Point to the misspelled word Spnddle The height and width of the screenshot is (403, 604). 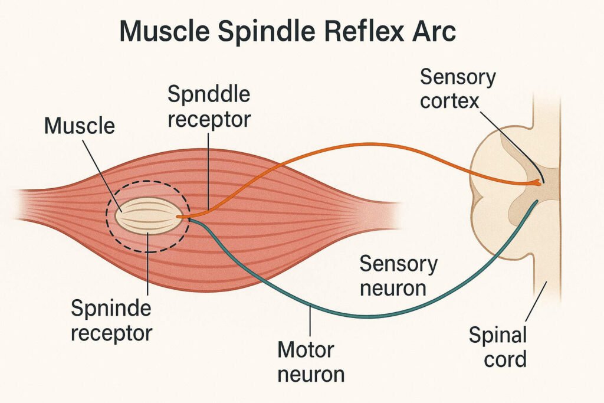(x=208, y=94)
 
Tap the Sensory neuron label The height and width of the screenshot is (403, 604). (x=398, y=276)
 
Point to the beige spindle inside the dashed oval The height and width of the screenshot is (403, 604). (x=148, y=218)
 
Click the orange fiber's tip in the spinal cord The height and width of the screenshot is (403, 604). (x=538, y=182)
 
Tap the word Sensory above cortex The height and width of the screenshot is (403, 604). (x=458, y=77)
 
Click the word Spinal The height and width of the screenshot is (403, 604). (x=497, y=336)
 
